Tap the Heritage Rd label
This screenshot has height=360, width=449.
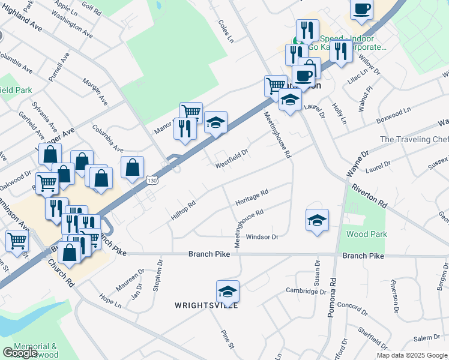[252, 196]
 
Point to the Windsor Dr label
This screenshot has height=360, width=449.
[262, 237]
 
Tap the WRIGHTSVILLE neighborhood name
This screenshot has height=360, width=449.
[206, 305]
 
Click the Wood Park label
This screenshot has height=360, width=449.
[366, 234]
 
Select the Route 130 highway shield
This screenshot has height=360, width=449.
[152, 180]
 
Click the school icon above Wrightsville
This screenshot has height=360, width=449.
[228, 292]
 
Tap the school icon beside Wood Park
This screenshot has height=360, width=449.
[317, 220]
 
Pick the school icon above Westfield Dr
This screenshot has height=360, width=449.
[215, 123]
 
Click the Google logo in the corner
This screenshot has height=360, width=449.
[20, 353]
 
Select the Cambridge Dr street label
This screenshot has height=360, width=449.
[306, 291]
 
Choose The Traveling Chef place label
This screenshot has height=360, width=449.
[414, 139]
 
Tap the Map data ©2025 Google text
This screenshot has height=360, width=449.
[412, 355]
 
